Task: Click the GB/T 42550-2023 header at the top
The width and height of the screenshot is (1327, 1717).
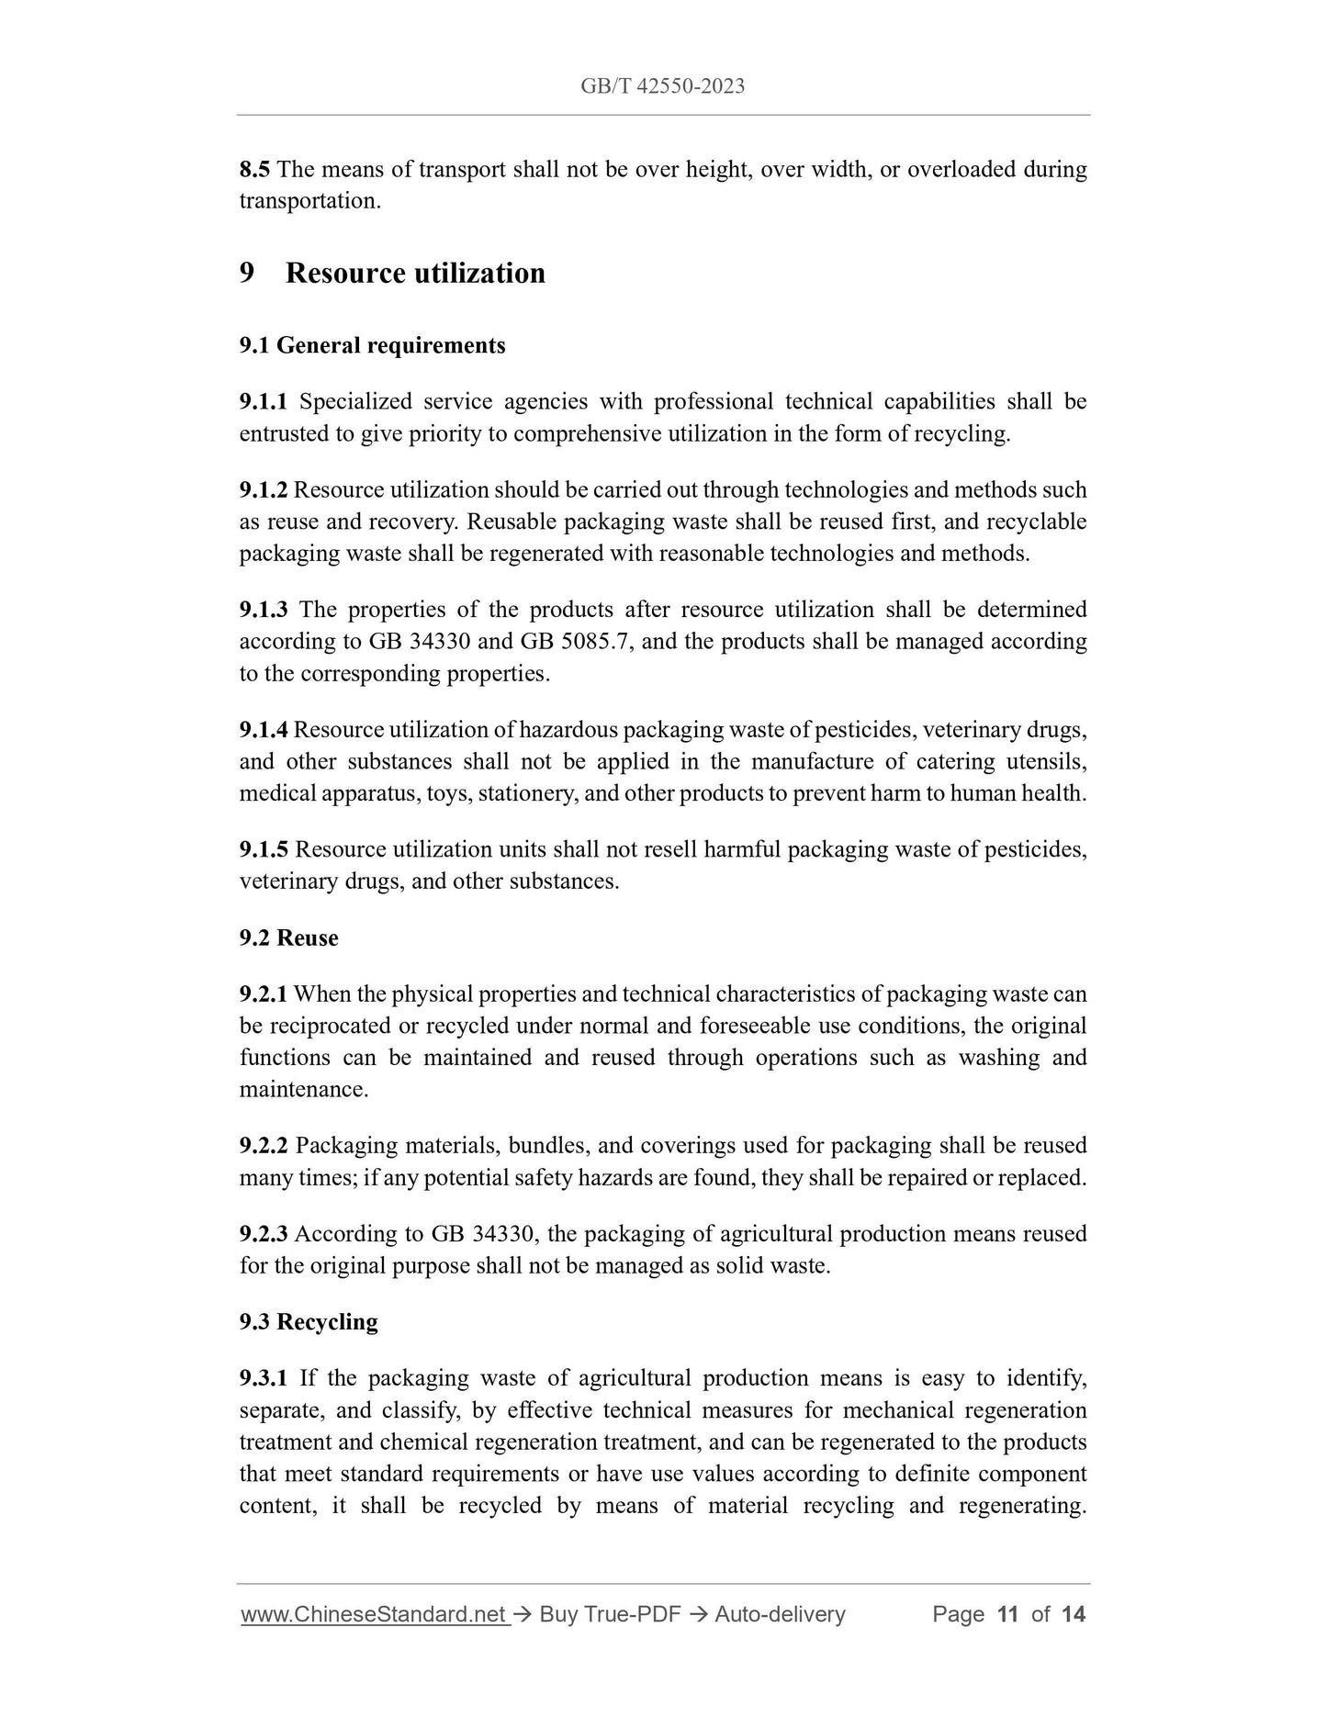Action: pyautogui.click(x=662, y=86)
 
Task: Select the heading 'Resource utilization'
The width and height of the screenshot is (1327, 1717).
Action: pyautogui.click(x=415, y=273)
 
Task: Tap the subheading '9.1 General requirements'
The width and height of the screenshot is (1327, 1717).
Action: pyautogui.click(x=372, y=345)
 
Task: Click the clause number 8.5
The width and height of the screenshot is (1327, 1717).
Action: pyautogui.click(x=254, y=169)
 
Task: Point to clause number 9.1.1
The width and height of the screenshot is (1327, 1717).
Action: pyautogui.click(x=264, y=401)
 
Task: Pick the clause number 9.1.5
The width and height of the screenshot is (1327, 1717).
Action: pyautogui.click(x=264, y=849)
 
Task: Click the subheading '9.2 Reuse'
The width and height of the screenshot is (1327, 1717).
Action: pyautogui.click(x=288, y=937)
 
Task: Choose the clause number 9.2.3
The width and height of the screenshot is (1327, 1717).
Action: pyautogui.click(x=264, y=1233)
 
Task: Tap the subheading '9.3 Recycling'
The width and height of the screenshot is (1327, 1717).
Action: pyautogui.click(x=309, y=1321)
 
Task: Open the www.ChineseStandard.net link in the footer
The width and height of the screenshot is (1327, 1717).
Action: pyautogui.click(x=375, y=1614)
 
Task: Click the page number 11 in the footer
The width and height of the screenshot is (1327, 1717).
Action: pyautogui.click(x=1007, y=1614)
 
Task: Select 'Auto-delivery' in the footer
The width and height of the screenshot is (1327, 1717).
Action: pyautogui.click(x=780, y=1614)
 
